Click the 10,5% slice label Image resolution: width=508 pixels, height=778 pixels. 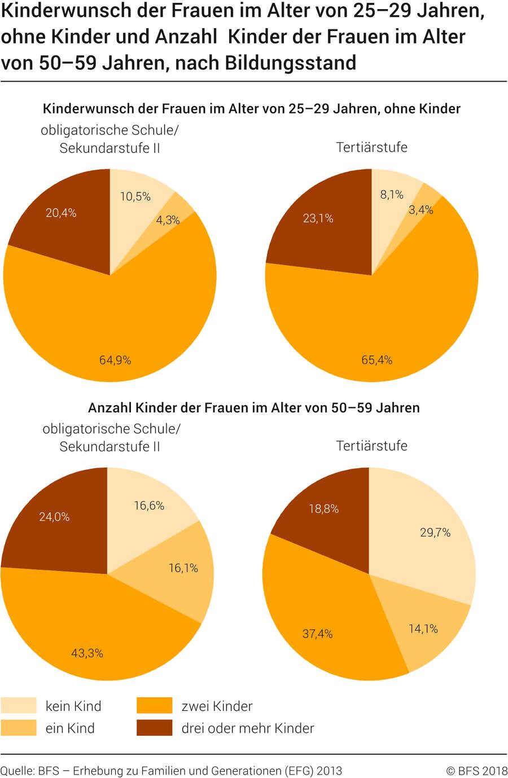135,196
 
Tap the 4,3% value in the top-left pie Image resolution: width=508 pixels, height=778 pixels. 168,220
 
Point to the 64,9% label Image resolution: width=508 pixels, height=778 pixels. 115,360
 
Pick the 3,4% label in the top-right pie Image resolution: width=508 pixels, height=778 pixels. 421,210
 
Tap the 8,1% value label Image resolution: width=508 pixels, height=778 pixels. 392,195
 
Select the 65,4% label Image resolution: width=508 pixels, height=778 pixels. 377,360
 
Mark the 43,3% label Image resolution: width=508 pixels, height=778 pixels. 87,653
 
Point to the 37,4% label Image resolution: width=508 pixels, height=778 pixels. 318,634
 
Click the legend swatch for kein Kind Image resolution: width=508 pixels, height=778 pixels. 19,706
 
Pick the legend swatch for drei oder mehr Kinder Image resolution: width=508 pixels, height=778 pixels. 154,728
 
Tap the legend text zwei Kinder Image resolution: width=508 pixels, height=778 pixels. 217,706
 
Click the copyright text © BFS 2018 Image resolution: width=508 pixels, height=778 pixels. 476,771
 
